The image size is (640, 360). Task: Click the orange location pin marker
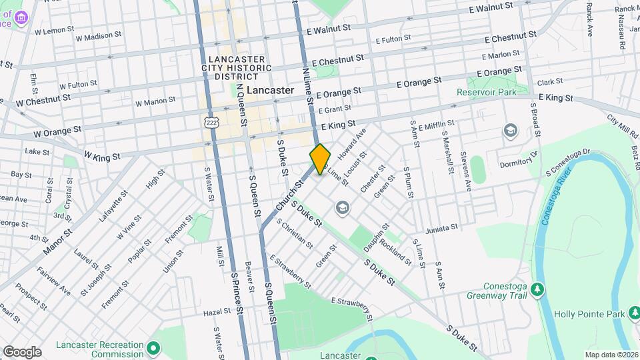click(321, 159)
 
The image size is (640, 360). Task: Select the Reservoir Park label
click(487, 92)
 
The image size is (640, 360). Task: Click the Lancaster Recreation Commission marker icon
click(153, 349)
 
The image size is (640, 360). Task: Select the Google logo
click(21, 351)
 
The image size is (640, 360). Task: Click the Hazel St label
click(198, 312)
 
